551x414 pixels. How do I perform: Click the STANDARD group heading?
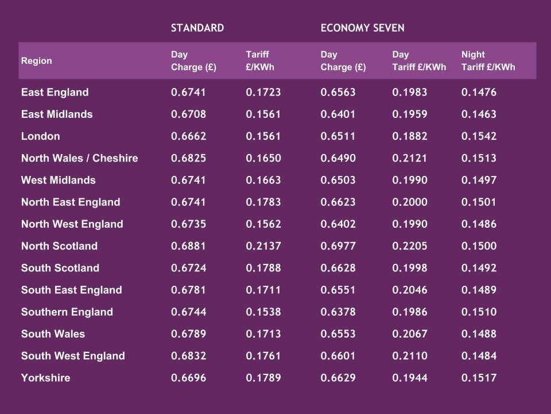point(197,28)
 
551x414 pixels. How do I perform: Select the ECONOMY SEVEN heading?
point(362,28)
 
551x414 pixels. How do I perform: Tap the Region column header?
point(36,61)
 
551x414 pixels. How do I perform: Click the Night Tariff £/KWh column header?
point(488,61)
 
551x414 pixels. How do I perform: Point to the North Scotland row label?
point(59,246)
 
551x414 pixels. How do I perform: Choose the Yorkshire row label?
point(45,378)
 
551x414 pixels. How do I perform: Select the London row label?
point(40,136)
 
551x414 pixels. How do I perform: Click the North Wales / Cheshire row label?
point(79,158)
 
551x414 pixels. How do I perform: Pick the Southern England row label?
point(67,312)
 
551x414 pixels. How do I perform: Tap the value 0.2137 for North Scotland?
point(263,246)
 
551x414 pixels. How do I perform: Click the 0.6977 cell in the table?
point(338,246)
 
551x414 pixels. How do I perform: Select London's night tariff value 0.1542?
point(479,136)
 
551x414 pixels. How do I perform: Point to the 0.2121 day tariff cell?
point(410,158)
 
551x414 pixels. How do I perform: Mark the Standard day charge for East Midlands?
point(188,114)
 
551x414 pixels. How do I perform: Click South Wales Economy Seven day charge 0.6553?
point(338,334)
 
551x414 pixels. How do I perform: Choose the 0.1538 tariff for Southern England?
point(263,312)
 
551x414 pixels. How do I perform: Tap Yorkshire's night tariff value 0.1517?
point(479,378)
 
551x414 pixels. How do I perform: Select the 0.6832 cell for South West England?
point(188,356)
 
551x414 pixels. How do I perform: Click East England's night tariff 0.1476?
point(479,93)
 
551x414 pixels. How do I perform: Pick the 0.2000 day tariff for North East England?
point(410,202)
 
